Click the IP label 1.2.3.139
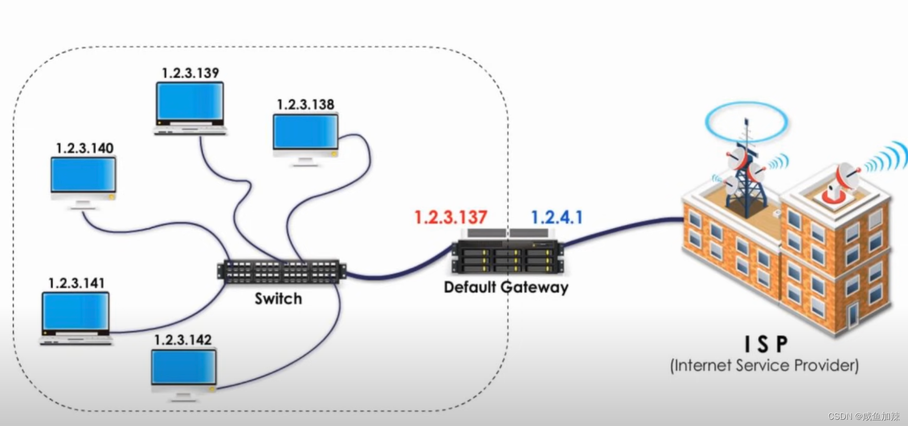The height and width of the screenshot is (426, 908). coord(190,73)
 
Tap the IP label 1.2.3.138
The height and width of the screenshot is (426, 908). coord(305,105)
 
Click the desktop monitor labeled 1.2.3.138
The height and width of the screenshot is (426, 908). coord(305,134)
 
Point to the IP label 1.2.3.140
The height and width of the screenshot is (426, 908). coord(85,148)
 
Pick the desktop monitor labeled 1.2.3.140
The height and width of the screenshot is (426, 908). coord(83,178)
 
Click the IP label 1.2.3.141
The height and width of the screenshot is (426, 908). coord(76,283)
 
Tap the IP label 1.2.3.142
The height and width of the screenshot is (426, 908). coord(183,340)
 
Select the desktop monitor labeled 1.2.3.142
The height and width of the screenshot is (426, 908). coord(184,369)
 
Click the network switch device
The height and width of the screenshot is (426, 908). coord(281,272)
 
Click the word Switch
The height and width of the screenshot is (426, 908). coord(278,299)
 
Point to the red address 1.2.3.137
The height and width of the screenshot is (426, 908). coord(450,217)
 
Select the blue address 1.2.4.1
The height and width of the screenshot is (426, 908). coord(557,217)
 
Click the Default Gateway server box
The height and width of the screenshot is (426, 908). coord(506,256)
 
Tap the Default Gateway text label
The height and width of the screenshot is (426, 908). coord(506,287)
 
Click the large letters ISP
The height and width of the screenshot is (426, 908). coord(766,344)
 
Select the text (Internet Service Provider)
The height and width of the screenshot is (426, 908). coord(764,365)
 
